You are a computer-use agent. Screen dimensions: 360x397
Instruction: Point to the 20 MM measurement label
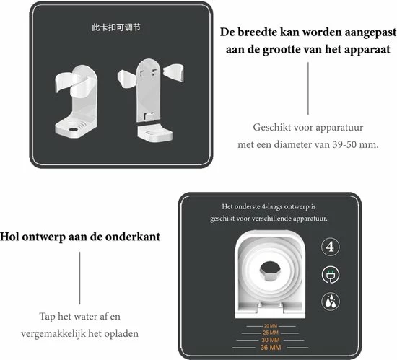271,325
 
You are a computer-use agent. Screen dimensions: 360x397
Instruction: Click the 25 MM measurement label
271,333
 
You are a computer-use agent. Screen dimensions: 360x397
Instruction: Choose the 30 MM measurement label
271,340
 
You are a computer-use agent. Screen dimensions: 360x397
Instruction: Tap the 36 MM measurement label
271,348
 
